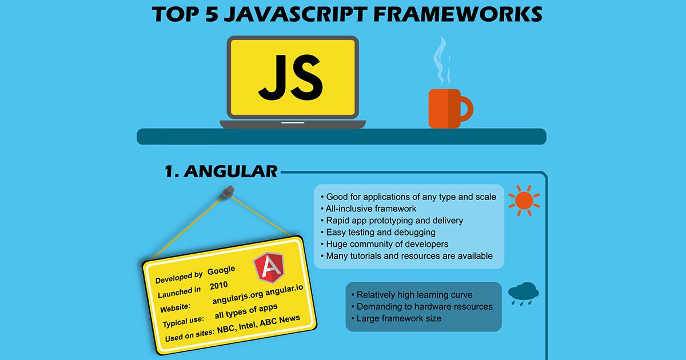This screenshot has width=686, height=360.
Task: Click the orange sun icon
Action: [x=523, y=200]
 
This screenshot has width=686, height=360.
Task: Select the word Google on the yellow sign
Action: [x=221, y=270]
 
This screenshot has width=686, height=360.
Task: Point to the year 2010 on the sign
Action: [x=219, y=285]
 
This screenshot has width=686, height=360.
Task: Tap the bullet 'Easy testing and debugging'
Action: [x=381, y=232]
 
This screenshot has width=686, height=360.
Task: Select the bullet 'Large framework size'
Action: [x=399, y=318]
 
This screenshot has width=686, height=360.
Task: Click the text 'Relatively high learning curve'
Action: [x=414, y=295]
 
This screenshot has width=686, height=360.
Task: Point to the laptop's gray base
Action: [x=293, y=123]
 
